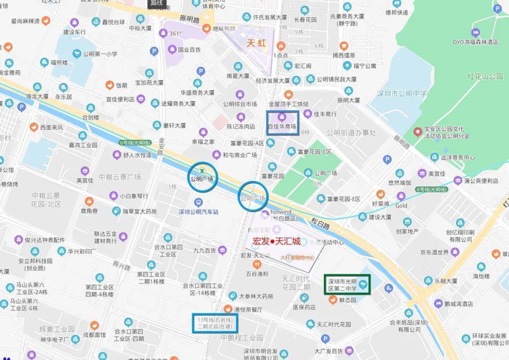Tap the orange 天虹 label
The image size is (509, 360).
pos(257,43)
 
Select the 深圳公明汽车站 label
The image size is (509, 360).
pos(198,212)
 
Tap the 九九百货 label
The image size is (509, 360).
pos(204,250)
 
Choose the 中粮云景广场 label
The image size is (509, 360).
pos(120,177)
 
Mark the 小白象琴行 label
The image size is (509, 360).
pos(134,196)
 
